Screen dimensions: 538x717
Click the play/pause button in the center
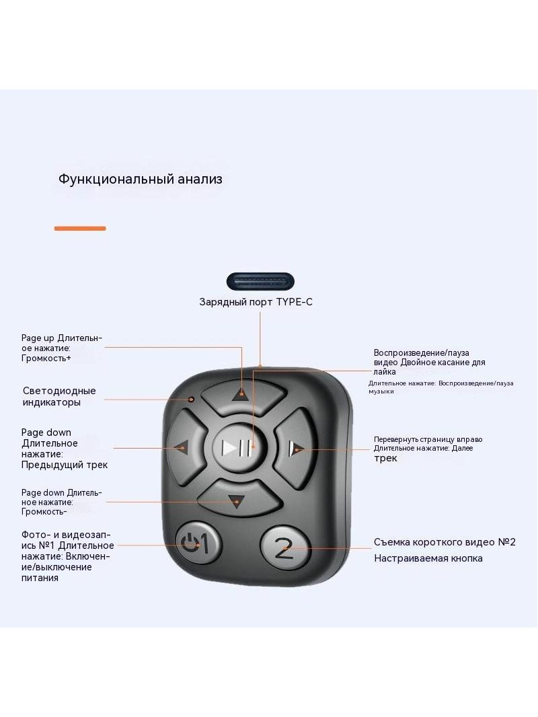(237, 448)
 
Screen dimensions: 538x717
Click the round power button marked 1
(198, 543)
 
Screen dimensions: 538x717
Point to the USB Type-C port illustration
(260, 282)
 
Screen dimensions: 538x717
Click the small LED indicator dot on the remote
(192, 400)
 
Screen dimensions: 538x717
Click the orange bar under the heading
(80, 228)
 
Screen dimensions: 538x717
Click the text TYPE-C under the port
(295, 302)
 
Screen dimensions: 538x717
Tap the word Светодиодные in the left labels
(59, 391)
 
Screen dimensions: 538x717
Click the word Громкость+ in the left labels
(46, 358)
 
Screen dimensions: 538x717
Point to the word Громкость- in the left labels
(44, 511)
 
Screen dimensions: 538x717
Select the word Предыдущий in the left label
(54, 465)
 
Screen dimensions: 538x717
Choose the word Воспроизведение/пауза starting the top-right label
(422, 353)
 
